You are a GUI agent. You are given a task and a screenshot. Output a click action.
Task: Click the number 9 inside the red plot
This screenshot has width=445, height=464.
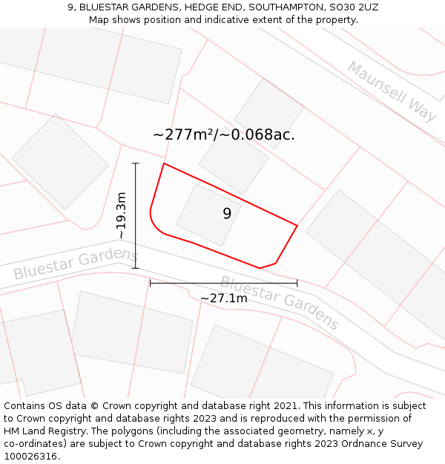click(227, 214)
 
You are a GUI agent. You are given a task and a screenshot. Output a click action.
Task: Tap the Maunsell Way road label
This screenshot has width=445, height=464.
click(392, 91)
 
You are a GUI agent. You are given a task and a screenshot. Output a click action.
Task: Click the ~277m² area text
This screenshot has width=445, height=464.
click(183, 135)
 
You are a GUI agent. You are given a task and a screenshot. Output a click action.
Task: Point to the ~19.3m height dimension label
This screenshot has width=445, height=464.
click(122, 215)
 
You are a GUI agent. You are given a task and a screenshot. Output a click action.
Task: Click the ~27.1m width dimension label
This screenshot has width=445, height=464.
click(224, 298)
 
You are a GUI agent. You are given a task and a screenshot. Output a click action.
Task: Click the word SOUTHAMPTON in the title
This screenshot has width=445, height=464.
click(284, 7)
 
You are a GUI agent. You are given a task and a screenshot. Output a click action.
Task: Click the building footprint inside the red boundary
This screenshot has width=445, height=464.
click(208, 215)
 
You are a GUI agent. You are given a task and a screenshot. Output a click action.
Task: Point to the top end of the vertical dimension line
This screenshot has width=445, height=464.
click(136, 163)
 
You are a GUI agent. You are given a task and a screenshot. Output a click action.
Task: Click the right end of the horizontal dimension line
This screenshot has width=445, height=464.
click(297, 283)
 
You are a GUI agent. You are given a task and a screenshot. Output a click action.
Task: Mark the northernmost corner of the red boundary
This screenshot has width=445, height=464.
click(164, 163)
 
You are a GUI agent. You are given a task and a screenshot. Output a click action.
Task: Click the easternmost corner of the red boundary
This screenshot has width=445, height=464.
click(297, 226)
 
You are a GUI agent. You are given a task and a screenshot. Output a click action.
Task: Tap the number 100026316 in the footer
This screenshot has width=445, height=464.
click(30, 457)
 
